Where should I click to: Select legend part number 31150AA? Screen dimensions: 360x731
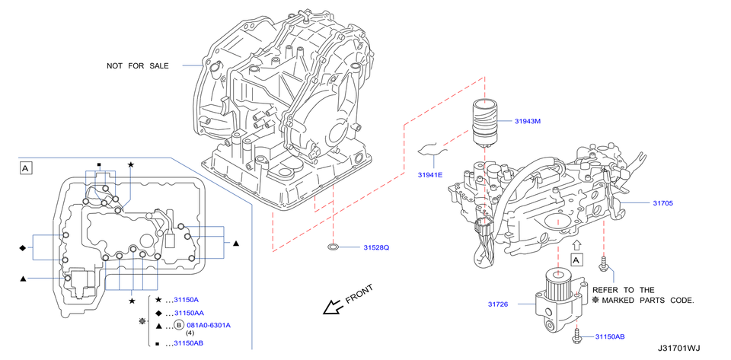(x=189, y=313)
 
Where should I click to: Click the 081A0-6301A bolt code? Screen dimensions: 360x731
(x=209, y=325)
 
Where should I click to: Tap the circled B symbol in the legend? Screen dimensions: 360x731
(x=180, y=325)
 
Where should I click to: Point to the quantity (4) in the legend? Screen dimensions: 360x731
(x=190, y=333)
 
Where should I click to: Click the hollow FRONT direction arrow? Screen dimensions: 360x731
(x=332, y=307)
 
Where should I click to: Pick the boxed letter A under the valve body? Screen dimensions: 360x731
(x=576, y=260)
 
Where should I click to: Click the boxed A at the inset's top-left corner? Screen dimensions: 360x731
(x=26, y=167)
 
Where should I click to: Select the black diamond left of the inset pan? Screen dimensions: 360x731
(x=23, y=248)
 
